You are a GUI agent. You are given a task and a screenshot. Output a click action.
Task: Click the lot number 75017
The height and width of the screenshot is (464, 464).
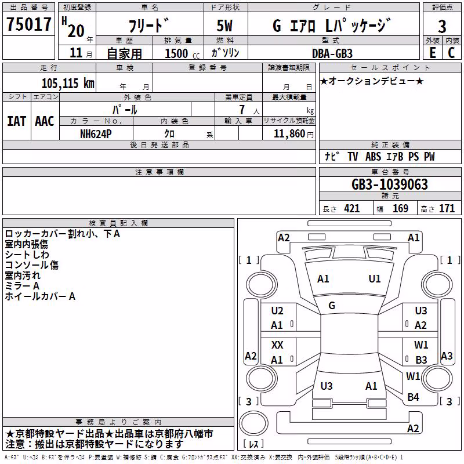[28, 24]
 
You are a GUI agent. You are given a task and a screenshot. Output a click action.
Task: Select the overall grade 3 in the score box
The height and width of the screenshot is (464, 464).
[442, 27]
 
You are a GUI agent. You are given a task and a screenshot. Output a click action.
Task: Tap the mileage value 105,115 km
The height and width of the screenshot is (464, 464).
[68, 83]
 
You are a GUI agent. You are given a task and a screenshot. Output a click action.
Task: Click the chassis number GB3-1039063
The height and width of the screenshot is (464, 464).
[389, 184]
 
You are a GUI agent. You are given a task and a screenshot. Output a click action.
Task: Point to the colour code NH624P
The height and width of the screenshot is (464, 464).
[96, 134]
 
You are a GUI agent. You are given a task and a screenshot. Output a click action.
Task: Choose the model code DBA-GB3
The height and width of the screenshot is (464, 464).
[332, 53]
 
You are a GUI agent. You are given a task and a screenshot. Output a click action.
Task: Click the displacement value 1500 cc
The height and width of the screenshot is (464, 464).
[182, 53]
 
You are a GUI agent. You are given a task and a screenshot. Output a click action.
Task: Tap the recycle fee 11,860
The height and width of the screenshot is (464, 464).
[289, 134]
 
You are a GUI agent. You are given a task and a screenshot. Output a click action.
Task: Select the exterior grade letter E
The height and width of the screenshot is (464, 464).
[433, 53]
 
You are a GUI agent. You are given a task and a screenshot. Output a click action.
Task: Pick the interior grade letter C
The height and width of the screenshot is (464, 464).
[451, 53]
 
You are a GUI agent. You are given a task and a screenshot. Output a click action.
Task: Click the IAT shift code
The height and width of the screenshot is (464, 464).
[17, 121]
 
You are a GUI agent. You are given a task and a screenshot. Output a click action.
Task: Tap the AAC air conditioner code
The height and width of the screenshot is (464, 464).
[45, 121]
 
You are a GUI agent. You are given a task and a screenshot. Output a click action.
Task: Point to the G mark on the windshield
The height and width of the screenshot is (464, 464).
[332, 306]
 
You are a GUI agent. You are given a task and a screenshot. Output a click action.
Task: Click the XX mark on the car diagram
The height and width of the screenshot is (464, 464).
[277, 345]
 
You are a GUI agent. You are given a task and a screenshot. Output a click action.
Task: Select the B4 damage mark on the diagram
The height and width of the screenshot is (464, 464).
[413, 397]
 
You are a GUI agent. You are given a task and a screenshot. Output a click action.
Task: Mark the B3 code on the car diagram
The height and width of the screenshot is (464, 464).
[421, 360]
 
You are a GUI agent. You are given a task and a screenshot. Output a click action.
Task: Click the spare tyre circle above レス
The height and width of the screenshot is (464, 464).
[253, 423]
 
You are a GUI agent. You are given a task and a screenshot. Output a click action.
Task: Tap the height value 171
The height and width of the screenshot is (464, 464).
[447, 209]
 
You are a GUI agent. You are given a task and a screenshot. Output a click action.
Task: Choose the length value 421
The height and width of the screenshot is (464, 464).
[352, 209]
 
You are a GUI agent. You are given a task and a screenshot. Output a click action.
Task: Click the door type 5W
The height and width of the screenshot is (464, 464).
[224, 26]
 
